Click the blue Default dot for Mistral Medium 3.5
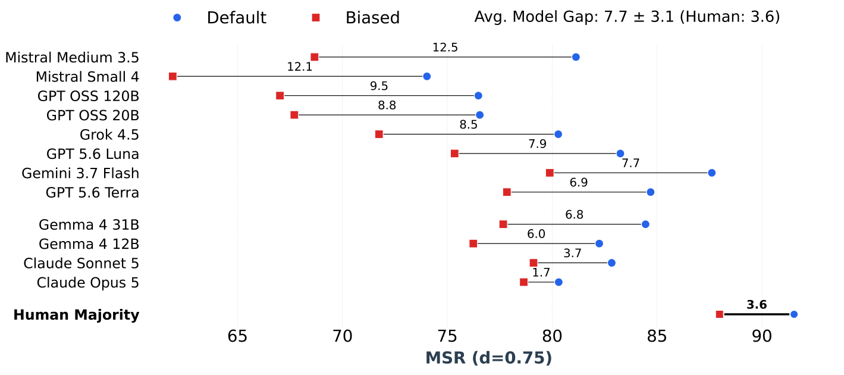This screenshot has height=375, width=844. (576, 57)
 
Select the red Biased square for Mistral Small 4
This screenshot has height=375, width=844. (172, 77)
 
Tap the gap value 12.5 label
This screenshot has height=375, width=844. (445, 48)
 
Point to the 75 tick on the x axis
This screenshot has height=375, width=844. (447, 336)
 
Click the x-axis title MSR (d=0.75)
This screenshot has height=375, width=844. (489, 358)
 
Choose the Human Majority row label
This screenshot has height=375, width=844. (77, 315)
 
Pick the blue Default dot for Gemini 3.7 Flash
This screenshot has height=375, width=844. (712, 173)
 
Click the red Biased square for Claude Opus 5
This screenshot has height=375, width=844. (524, 282)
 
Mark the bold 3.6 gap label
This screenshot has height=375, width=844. (757, 305)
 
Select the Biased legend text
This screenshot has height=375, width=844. (373, 18)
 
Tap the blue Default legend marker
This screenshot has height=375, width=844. (177, 18)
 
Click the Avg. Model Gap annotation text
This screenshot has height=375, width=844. (627, 17)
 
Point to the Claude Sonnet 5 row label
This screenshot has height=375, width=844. (81, 264)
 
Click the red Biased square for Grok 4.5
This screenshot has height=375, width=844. (379, 134)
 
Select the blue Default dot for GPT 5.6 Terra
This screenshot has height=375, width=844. (650, 192)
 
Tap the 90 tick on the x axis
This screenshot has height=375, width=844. (762, 336)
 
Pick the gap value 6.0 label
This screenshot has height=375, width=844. (536, 234)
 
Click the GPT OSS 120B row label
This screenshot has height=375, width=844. (88, 96)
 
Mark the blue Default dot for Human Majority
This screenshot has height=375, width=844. (794, 314)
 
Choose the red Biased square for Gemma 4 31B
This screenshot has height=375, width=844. (503, 224)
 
